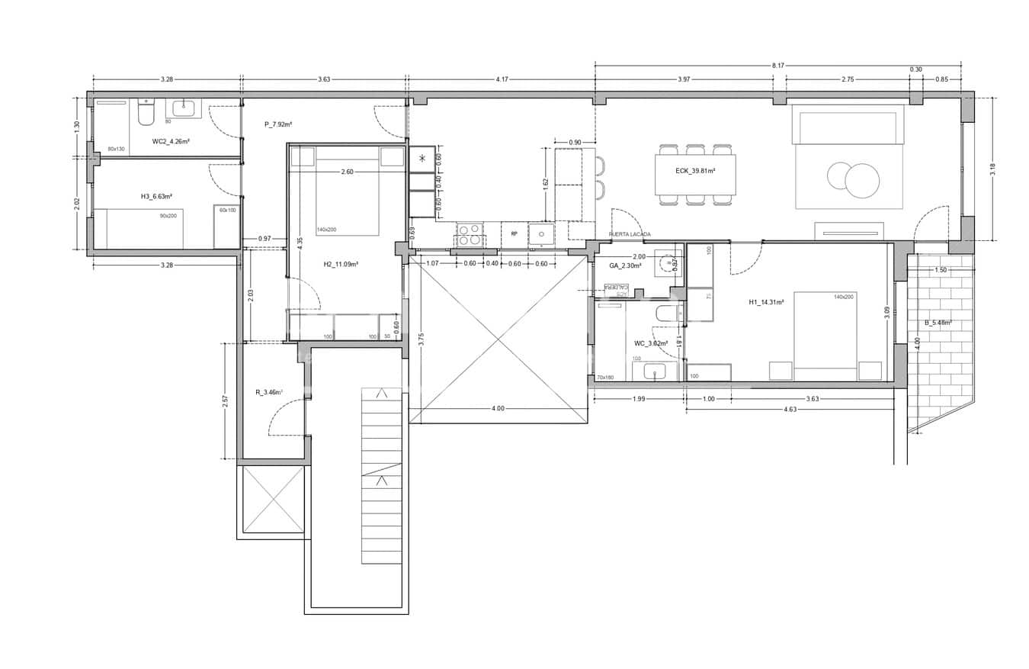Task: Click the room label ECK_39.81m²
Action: pyautogui.click(x=695, y=171)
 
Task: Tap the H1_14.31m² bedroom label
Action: pyautogui.click(x=767, y=302)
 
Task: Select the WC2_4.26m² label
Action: pyautogui.click(x=171, y=141)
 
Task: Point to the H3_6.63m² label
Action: pyautogui.click(x=156, y=196)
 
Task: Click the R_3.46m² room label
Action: pyautogui.click(x=269, y=393)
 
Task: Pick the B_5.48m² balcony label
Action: pyautogui.click(x=938, y=323)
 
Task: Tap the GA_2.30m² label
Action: pyautogui.click(x=625, y=265)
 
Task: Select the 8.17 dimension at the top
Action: pyautogui.click(x=777, y=66)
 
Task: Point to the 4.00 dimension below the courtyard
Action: pyautogui.click(x=498, y=409)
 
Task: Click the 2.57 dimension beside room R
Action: pyautogui.click(x=225, y=400)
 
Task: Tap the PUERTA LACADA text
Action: pyautogui.click(x=630, y=234)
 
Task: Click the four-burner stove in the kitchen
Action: pyautogui.click(x=470, y=234)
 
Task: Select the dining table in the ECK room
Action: pyautogui.click(x=695, y=174)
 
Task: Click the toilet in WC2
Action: pyautogui.click(x=146, y=114)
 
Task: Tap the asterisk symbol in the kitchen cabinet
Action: pyautogui.click(x=422, y=159)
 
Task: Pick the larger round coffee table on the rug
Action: pyautogui.click(x=862, y=181)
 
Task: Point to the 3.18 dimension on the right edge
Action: pyautogui.click(x=992, y=169)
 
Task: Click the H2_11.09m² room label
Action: pyautogui.click(x=341, y=265)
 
